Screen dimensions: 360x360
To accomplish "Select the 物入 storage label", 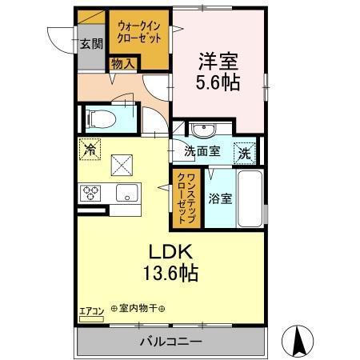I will point(122,62).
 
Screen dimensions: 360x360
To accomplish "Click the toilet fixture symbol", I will point(100,119).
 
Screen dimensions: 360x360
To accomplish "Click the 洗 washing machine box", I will point(243,151).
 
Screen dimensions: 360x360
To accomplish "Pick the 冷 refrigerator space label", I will point(90,148).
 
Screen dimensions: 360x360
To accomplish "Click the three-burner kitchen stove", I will point(90,192).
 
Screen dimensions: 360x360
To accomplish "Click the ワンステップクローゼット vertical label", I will point(182,194).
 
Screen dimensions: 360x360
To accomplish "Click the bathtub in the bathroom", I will point(250,200).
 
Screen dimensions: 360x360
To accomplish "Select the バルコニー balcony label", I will point(171,342).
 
